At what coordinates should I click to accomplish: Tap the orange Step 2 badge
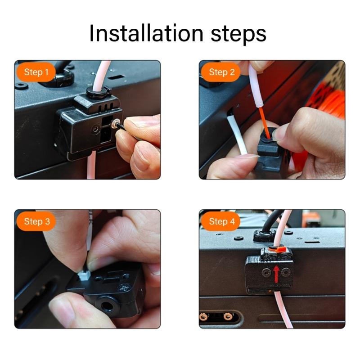coord(222,72)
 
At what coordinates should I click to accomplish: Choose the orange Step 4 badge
coord(222,221)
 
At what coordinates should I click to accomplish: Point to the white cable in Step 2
coord(238,135)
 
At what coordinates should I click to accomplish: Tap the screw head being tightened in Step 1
coord(117,122)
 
